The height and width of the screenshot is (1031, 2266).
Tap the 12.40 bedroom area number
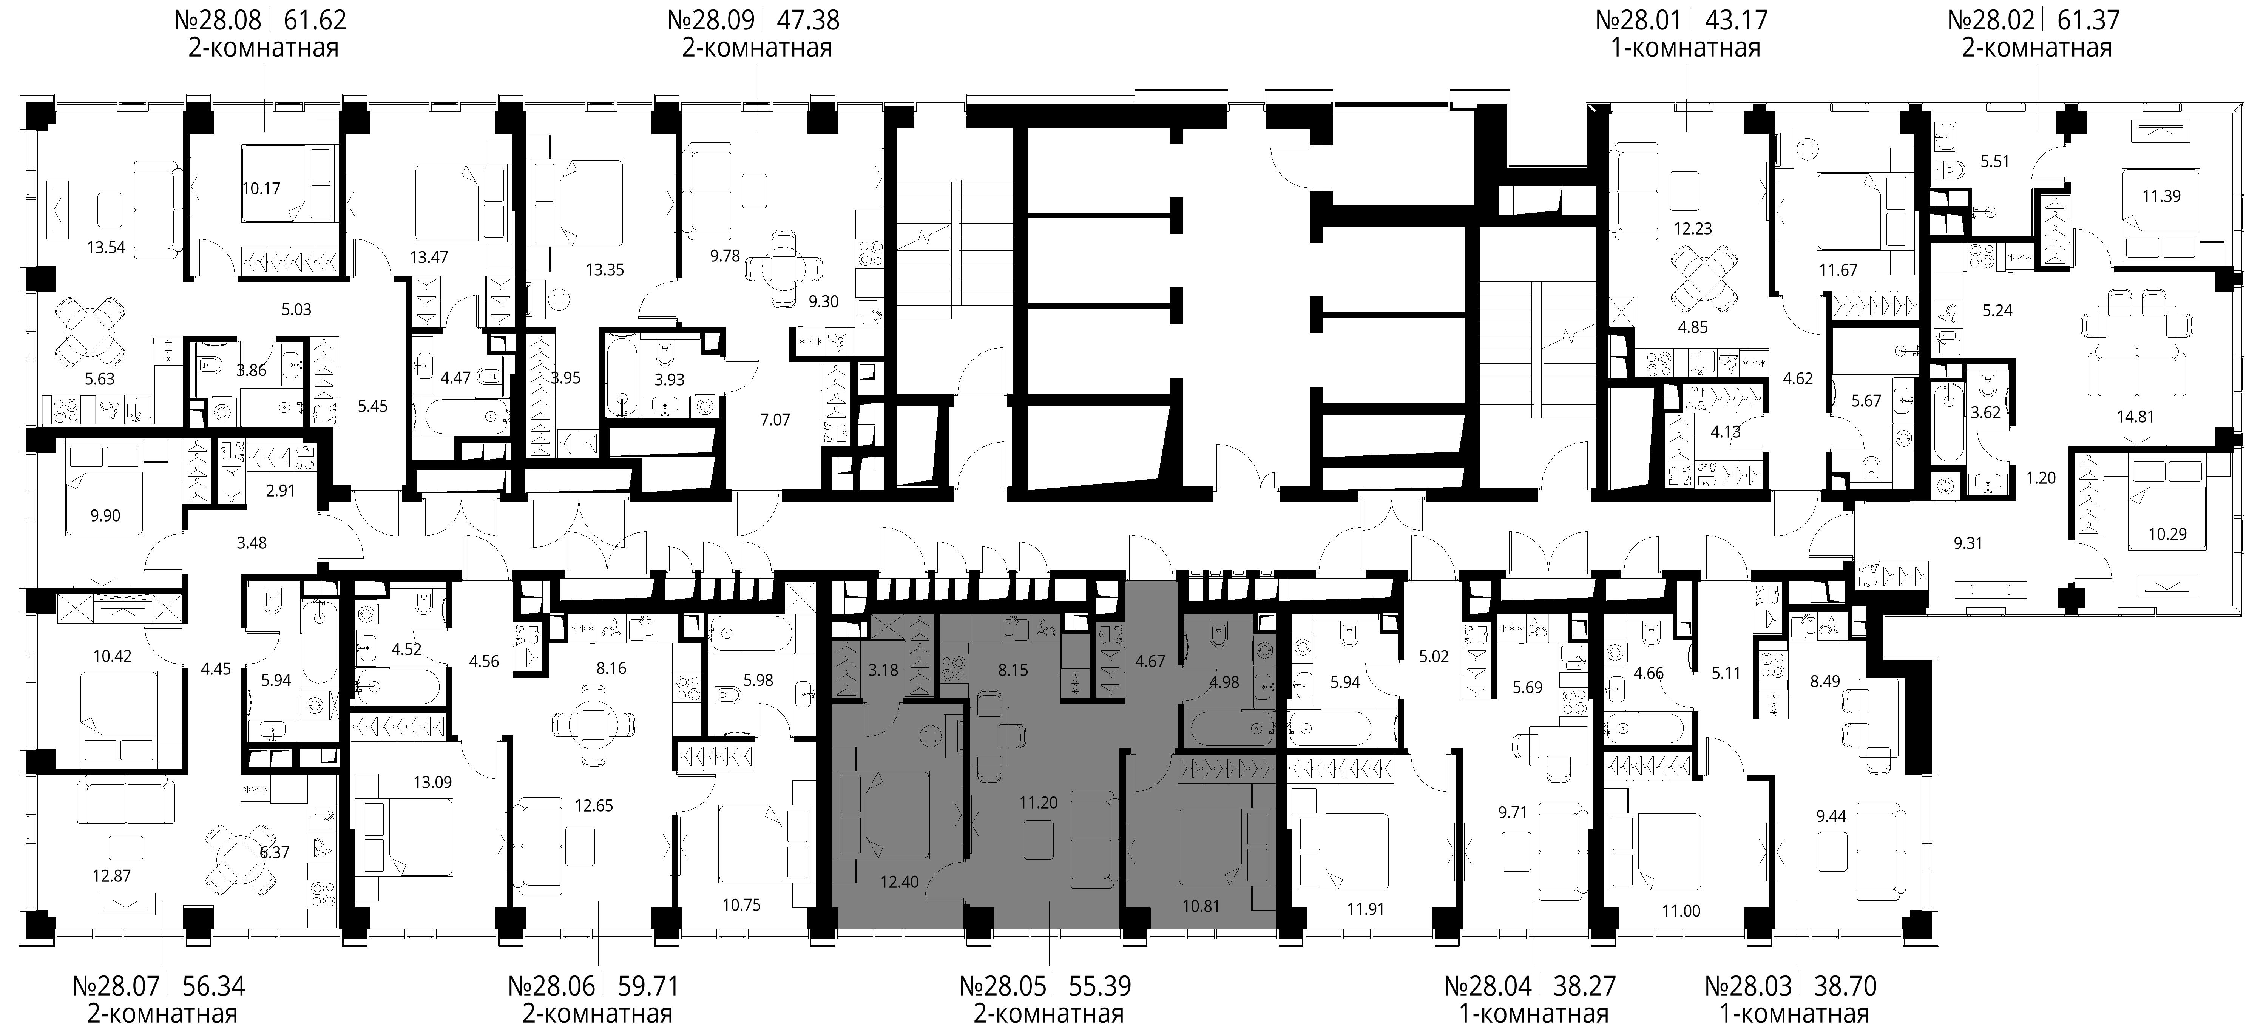coord(899,881)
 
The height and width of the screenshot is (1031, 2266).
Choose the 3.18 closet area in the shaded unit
coord(883,670)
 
